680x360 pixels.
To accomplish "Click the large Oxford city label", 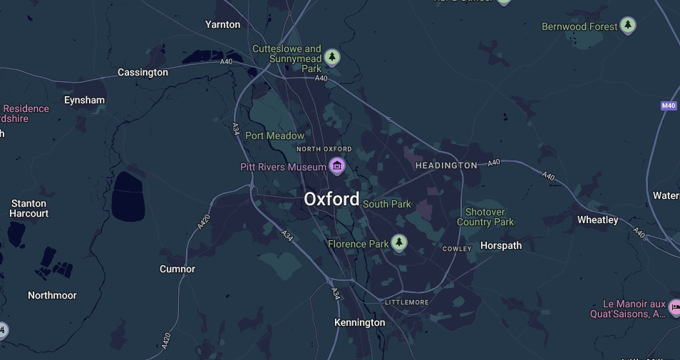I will (331, 199).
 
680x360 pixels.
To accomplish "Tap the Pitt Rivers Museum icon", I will (337, 167).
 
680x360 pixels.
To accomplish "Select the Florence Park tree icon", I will (399, 244).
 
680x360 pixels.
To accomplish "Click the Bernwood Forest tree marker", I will (627, 26).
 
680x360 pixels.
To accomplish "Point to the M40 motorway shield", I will (668, 106).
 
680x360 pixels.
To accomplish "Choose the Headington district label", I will (446, 165).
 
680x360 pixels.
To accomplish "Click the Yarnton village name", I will (222, 24).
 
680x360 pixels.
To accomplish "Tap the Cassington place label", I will (143, 72).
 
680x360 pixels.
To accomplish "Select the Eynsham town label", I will (84, 100).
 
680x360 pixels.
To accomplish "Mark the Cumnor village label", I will (177, 269).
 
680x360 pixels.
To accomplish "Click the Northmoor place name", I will (52, 295).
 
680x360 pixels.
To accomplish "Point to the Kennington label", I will (359, 322).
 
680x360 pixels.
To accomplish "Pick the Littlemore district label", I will (406, 302).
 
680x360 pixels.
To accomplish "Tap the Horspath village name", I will (500, 245).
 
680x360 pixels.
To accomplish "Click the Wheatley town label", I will (597, 220).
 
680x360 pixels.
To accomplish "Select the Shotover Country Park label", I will (485, 217).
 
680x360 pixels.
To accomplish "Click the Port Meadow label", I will (274, 135).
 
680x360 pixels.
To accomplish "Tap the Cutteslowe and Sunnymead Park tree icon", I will (331, 57).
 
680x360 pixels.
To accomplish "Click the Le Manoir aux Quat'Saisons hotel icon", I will (674, 308).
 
